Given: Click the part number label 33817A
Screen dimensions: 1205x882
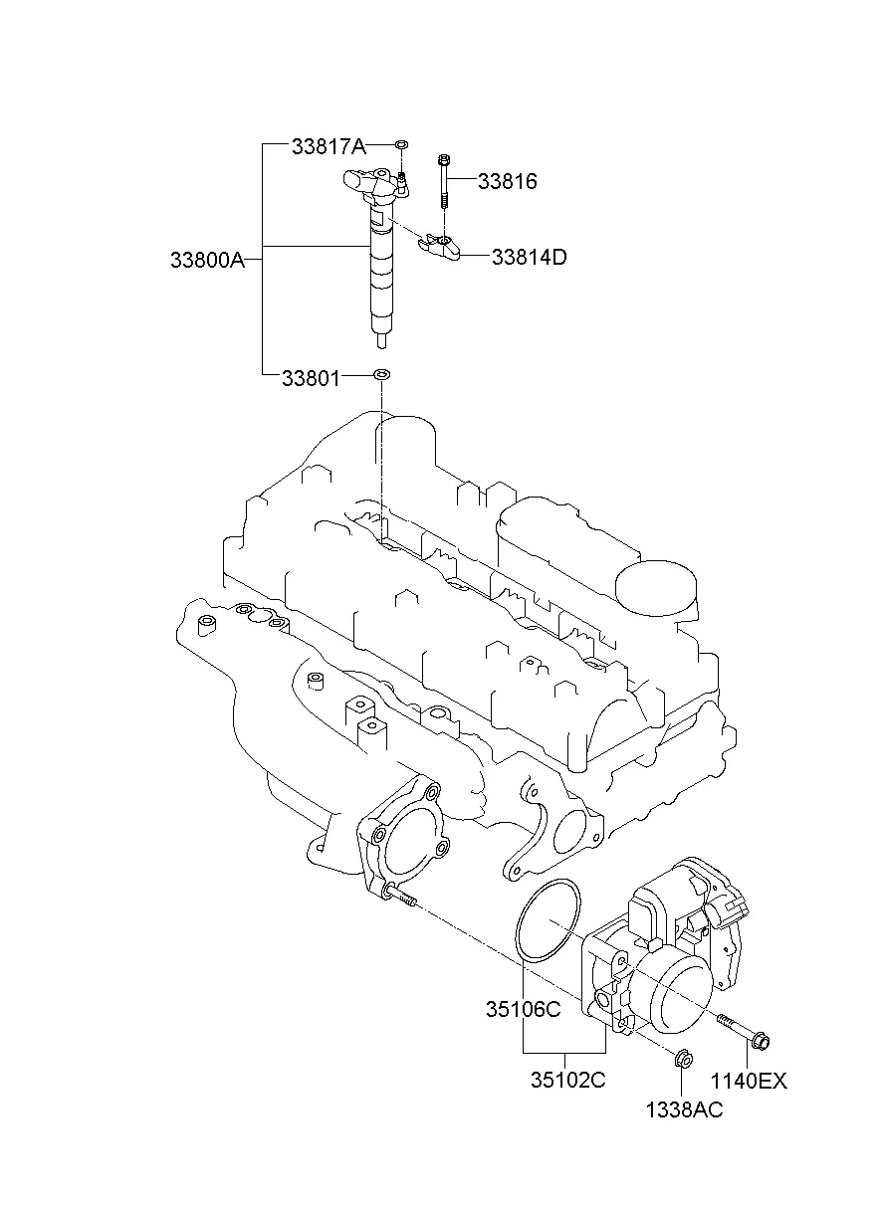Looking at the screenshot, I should [x=329, y=147].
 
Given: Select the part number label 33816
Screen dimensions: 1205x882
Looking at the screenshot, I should [x=507, y=182].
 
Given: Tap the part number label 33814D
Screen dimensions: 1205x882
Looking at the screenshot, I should [x=529, y=257].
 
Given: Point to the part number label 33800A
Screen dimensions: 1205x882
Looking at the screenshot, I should [x=207, y=260].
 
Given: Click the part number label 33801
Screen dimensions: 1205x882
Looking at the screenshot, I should [x=310, y=378].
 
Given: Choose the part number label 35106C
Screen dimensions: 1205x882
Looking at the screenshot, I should [x=524, y=1009].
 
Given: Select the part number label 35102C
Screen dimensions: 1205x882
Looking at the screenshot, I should [x=566, y=1081].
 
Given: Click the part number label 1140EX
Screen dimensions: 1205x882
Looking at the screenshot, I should [x=748, y=1082].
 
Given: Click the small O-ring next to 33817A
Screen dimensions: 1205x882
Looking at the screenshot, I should [x=400, y=146].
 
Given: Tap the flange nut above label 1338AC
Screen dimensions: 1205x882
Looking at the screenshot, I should [x=682, y=1058].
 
